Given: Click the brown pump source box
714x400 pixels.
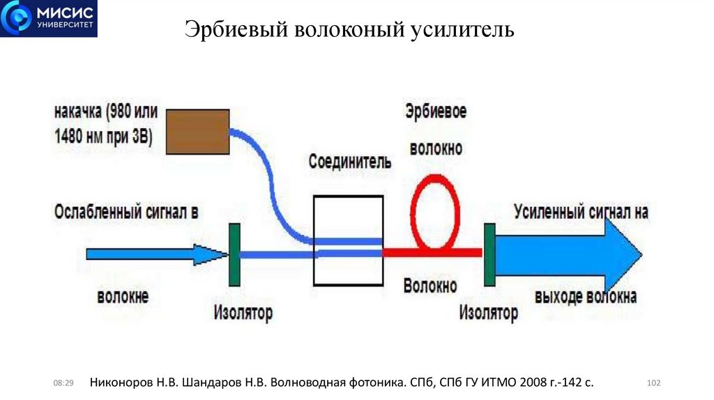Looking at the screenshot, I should click(x=198, y=131).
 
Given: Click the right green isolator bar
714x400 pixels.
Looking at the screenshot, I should click(x=489, y=253).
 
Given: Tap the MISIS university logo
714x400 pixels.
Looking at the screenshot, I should click(x=49, y=19).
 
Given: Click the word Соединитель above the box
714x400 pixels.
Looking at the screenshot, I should click(x=350, y=161).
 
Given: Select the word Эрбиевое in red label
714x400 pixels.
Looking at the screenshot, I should click(x=436, y=111).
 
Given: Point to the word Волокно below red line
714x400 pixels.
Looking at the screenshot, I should click(x=430, y=286).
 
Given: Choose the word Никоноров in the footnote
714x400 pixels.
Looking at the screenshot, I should click(x=124, y=383).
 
